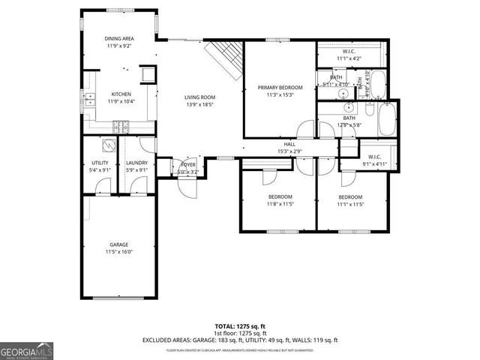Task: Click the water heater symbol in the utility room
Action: (x=109, y=147)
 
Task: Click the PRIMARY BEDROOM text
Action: (x=279, y=88)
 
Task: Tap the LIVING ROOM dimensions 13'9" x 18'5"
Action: (x=200, y=104)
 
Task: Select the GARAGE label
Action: (x=118, y=244)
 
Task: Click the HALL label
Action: (x=289, y=144)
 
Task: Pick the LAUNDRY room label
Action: (x=136, y=163)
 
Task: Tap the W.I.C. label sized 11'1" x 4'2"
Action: (x=349, y=52)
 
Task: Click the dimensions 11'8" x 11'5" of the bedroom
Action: (x=279, y=203)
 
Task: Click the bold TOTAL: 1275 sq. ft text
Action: (x=240, y=326)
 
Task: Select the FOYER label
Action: (x=187, y=165)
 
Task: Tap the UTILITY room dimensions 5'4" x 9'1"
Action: (x=100, y=169)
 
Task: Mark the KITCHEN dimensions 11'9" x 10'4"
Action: (x=120, y=100)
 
